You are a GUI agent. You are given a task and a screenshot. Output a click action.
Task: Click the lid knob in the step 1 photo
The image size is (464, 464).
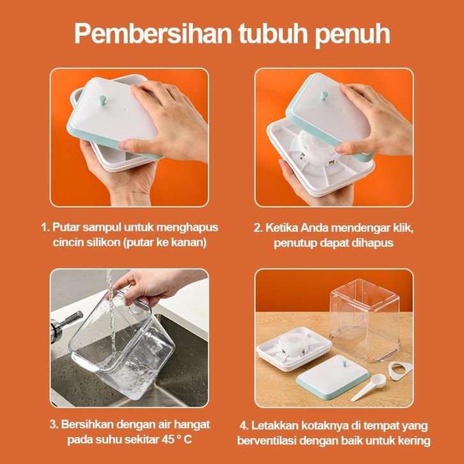click(103, 100)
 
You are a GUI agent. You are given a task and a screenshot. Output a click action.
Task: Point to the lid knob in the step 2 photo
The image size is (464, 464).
click(324, 96)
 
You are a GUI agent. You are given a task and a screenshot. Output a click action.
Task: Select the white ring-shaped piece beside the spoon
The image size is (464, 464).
click(400, 369)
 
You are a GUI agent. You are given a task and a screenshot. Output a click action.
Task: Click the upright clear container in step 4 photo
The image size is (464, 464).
click(365, 320)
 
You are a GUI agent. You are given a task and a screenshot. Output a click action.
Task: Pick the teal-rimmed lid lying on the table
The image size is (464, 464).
click(332, 376)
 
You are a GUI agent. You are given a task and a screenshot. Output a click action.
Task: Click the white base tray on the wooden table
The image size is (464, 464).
click(294, 348)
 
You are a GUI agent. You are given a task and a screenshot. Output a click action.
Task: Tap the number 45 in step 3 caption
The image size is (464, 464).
click(168, 440)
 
